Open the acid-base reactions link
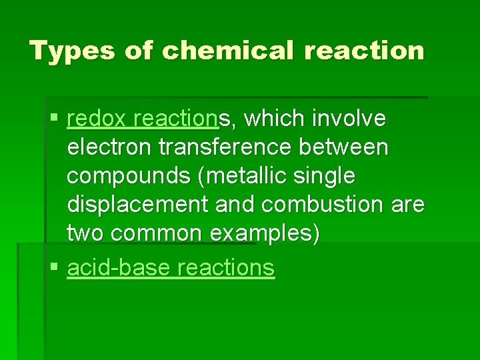point(171,268)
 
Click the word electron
point(107,147)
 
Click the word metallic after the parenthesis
point(243,176)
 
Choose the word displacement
point(137,205)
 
